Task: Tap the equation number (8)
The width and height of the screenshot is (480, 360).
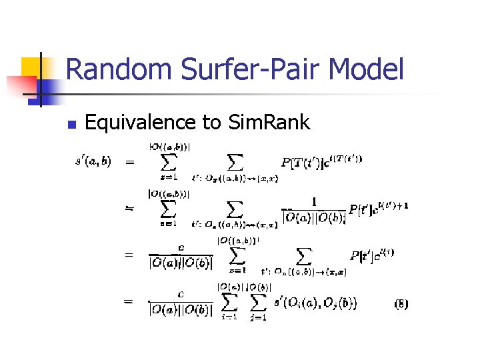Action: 401,304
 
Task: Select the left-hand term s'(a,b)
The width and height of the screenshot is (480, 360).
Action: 93,160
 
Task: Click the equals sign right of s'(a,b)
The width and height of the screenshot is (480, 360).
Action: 129,161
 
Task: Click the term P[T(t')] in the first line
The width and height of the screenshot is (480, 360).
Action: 305,161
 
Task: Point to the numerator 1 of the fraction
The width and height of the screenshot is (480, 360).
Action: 313,201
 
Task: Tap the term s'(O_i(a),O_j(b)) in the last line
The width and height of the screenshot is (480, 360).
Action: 315,304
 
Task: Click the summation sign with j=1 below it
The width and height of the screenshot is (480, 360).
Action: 257,303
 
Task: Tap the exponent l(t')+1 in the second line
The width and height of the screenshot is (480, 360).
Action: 391,205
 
